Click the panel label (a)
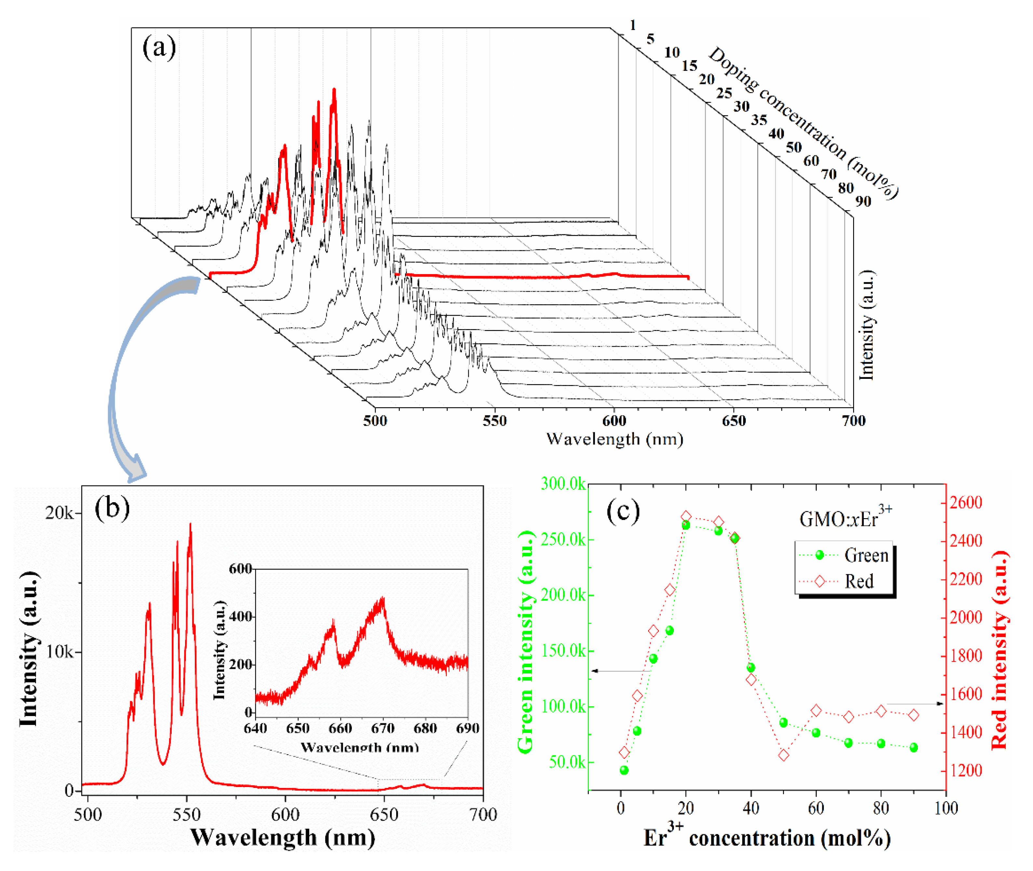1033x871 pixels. point(159,48)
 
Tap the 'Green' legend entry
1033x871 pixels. point(866,556)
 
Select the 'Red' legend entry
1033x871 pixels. point(859,581)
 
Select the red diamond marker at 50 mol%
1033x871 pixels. point(784,755)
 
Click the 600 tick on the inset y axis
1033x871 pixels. point(240,569)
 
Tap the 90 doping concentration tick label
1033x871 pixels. point(863,201)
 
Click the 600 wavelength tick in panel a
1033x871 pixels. point(614,421)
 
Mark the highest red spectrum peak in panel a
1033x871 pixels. point(334,91)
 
